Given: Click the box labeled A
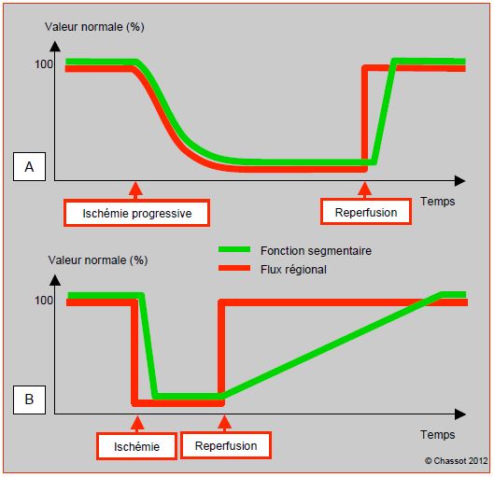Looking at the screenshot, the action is click(29, 166).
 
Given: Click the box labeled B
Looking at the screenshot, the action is click(29, 400).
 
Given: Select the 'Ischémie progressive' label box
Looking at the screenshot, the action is click(136, 213).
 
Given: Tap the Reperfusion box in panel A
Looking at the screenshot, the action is click(366, 212).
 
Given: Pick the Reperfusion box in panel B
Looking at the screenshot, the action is click(226, 445).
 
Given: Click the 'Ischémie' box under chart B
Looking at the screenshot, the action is click(136, 446).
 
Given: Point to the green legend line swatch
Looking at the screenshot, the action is click(234, 249).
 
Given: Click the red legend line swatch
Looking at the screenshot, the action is click(234, 268).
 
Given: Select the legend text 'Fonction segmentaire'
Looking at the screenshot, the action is click(316, 251).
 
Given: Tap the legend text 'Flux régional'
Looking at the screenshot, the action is click(293, 270).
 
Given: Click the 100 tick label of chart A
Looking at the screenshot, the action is click(44, 64).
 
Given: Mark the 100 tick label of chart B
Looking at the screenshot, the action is click(44, 300).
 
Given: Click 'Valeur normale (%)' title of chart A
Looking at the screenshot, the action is click(94, 27).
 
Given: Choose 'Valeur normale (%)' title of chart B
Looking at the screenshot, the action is click(98, 260).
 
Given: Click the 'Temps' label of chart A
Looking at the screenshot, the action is click(438, 202).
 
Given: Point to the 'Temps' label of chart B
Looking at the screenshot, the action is click(438, 435).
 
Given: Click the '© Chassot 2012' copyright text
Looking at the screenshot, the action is click(456, 461).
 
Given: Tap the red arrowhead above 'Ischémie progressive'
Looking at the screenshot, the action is click(135, 189).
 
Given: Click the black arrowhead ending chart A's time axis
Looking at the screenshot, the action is click(460, 181).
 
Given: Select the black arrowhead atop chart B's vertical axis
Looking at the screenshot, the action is click(55, 280).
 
